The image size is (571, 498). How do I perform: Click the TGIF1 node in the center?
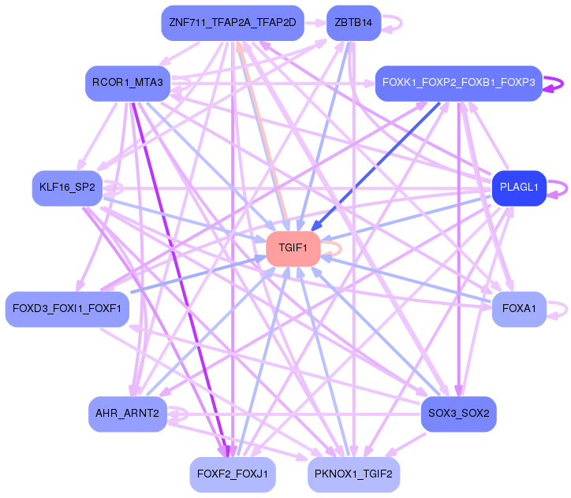pos(293,248)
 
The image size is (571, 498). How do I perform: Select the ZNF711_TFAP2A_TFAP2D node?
pos(232,23)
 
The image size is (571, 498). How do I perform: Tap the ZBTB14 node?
pos(353,23)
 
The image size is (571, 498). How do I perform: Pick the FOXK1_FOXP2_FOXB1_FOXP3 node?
pos(458,83)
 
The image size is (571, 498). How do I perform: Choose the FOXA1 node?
pos(519,309)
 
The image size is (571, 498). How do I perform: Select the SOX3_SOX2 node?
pos(458,414)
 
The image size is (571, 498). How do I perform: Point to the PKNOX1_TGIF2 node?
pos(353,474)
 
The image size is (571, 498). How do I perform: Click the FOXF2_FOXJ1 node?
pos(232,474)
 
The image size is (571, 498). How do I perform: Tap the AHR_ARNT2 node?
pos(127,414)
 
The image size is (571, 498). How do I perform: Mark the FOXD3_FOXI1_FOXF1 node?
pos(66,309)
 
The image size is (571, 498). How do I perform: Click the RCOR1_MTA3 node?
pos(127,83)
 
